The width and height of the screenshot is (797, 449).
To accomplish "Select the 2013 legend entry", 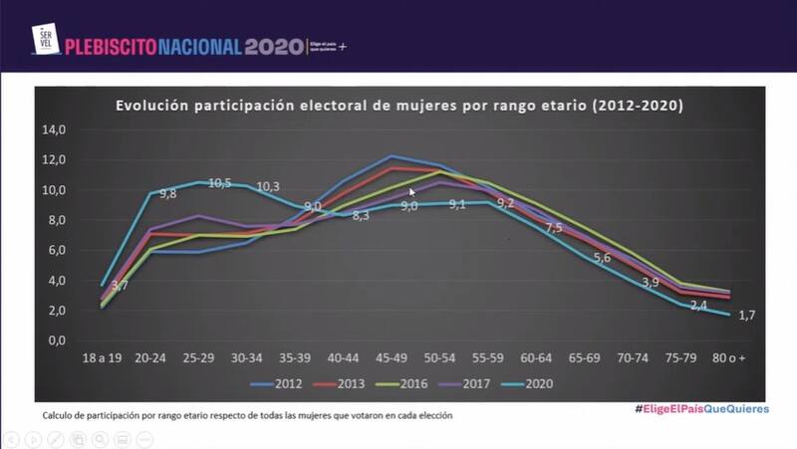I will click(x=341, y=383).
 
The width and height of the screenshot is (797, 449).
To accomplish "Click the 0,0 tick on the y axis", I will click(x=56, y=340).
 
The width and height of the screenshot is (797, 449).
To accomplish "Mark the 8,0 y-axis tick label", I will click(x=56, y=220).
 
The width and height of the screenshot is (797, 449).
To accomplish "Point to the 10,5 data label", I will click(x=219, y=183).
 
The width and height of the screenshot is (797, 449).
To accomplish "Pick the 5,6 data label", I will click(x=602, y=259).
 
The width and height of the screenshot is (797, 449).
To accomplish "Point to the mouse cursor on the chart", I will click(x=411, y=191).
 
